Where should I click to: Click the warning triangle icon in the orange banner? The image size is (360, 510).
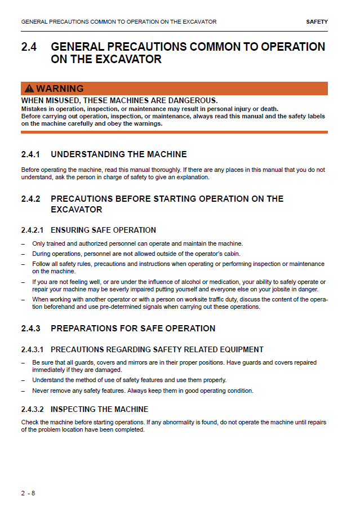pos(29,88)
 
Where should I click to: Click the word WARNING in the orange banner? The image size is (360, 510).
pos(60,88)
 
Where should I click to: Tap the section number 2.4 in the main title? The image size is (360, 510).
pos(29,47)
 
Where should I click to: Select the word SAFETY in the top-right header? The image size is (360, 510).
pos(317,22)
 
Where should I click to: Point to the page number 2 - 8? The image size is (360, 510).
pos(28,493)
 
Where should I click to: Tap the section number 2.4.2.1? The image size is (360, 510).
pos(32,230)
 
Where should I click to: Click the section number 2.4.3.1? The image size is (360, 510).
pos(32,349)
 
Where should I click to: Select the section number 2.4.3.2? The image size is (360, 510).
pos(32,409)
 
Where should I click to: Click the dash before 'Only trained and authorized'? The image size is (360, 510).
pos(23,243)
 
